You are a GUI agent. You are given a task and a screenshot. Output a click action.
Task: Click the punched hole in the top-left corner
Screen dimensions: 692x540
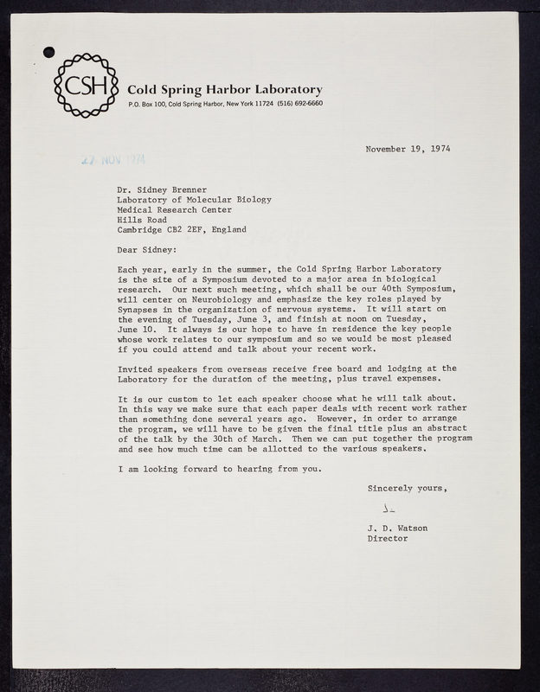(48, 51)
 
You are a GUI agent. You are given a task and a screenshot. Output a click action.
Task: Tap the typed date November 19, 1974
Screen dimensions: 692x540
(407, 148)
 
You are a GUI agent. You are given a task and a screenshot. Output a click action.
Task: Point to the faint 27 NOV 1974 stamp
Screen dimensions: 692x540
(112, 159)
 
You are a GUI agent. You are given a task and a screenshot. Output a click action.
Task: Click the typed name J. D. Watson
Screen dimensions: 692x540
(399, 527)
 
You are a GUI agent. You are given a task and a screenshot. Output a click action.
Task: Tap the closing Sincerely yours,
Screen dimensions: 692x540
(408, 489)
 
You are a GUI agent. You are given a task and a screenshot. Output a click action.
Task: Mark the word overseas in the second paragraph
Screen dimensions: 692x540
(245, 368)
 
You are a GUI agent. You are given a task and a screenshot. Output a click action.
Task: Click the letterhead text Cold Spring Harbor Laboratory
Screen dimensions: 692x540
(225, 90)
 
